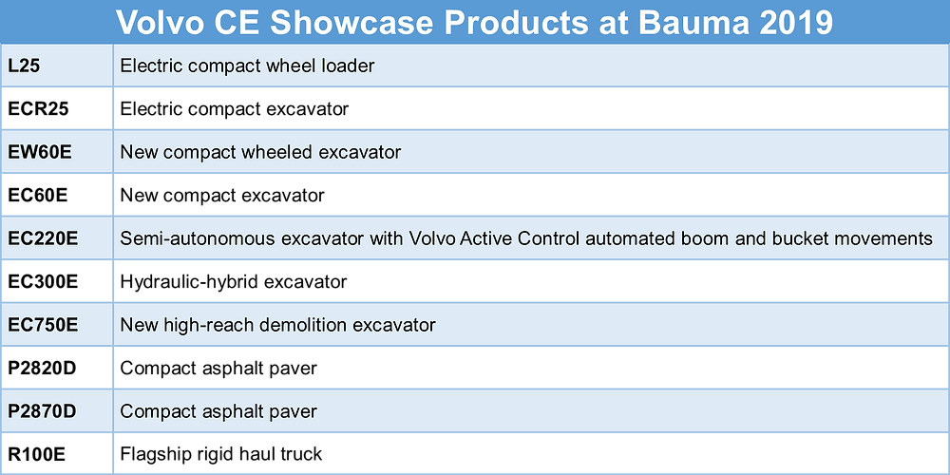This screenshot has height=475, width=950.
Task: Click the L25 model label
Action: [25, 66]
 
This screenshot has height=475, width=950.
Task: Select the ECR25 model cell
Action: [38, 109]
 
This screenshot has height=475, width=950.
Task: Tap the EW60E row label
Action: [40, 152]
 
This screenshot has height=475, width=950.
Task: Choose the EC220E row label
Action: [43, 238]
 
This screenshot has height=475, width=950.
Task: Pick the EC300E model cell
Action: [43, 282]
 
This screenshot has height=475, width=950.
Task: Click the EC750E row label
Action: [43, 325]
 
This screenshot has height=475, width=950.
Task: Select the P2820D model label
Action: [43, 368]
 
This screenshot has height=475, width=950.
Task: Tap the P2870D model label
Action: [43, 411]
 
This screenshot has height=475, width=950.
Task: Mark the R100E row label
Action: [36, 454]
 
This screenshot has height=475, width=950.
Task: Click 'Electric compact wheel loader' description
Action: [247, 66]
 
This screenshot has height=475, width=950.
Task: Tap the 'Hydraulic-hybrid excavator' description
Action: [234, 282]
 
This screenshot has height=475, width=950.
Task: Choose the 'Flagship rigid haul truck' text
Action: [221, 454]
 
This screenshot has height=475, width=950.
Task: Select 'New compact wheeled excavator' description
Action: [260, 152]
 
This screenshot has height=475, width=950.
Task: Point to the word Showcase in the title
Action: [352, 23]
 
